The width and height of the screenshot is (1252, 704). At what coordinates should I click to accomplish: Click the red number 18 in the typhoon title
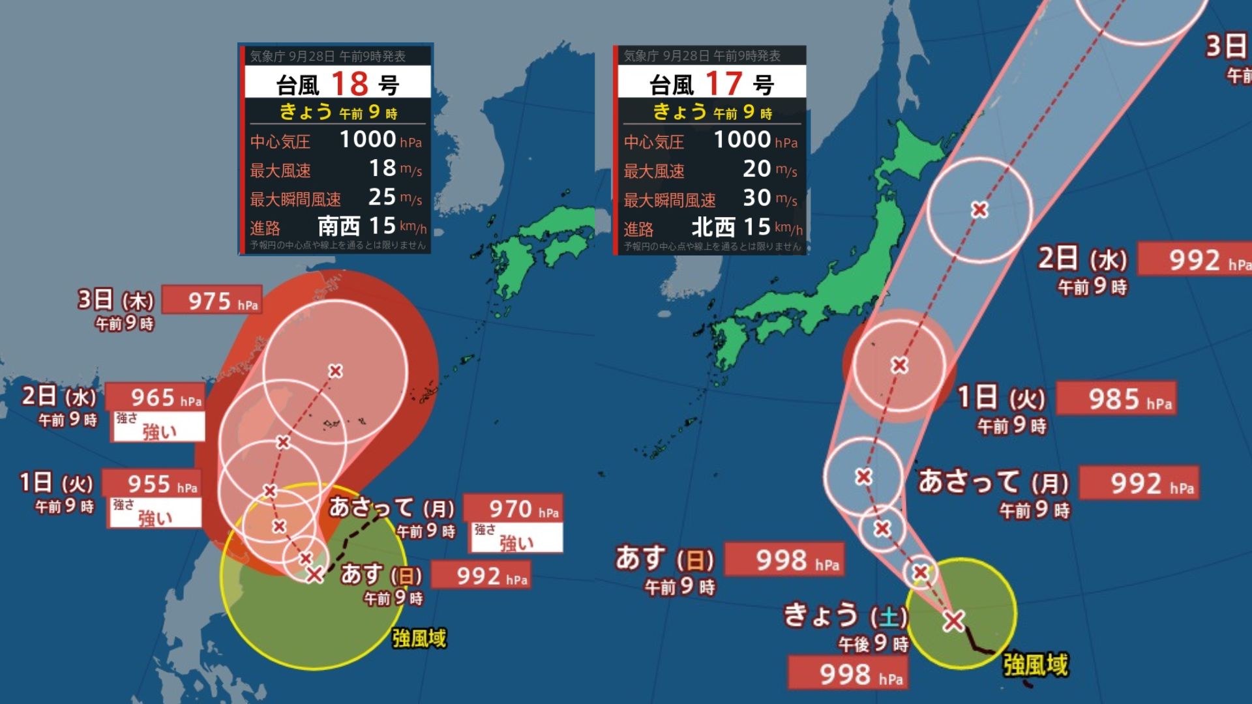coord(350,83)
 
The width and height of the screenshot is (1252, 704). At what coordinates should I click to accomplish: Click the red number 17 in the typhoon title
coord(723,83)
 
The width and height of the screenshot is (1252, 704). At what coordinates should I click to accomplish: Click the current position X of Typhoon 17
coord(953,621)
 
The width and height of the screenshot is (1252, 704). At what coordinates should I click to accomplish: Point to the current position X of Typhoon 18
coord(315,574)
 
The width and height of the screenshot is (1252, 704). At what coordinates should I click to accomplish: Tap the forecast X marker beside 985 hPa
coord(900,365)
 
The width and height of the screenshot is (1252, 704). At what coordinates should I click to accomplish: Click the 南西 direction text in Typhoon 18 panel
coord(338,226)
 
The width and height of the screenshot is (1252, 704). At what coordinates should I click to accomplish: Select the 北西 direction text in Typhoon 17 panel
coord(713,227)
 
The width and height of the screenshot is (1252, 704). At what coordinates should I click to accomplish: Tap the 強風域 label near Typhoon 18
coord(419,638)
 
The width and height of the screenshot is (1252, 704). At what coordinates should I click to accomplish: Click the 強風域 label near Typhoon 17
coord(1035,665)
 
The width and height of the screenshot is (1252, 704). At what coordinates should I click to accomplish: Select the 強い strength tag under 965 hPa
coord(158,430)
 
